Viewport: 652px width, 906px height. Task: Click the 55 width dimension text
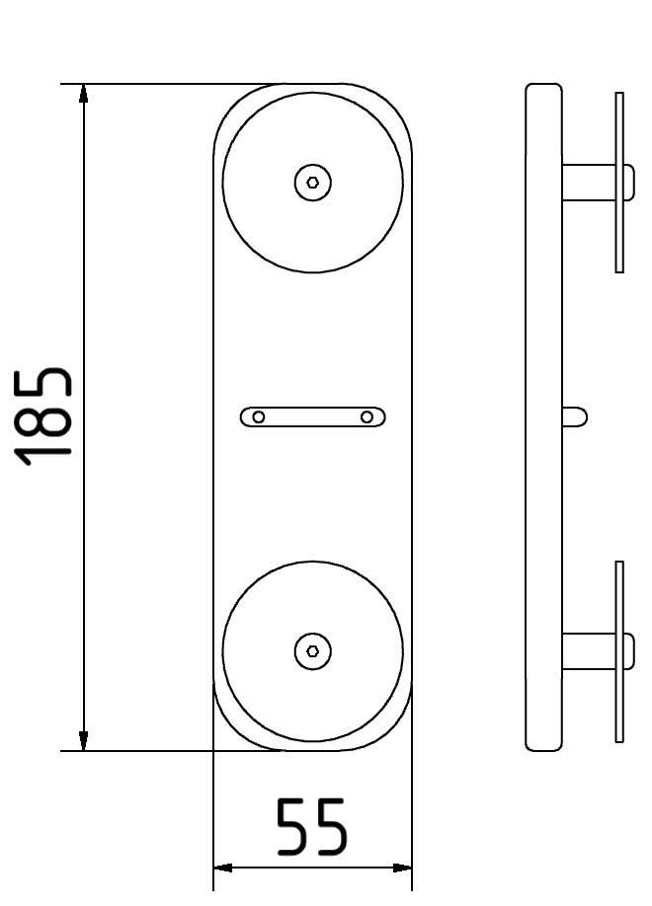pyautogui.click(x=312, y=827)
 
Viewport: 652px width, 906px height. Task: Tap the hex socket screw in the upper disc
pyautogui.click(x=313, y=183)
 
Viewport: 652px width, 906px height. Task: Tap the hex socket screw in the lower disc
pyautogui.click(x=313, y=650)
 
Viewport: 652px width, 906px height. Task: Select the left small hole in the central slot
pyautogui.click(x=259, y=417)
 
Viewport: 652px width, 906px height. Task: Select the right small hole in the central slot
pyautogui.click(x=367, y=417)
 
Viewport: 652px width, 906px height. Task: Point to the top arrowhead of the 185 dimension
pyautogui.click(x=84, y=94)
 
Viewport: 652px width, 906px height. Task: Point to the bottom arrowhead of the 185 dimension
pyautogui.click(x=84, y=740)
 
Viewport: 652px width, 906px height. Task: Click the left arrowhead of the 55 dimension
pyautogui.click(x=223, y=868)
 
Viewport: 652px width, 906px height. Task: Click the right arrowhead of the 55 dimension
pyautogui.click(x=401, y=868)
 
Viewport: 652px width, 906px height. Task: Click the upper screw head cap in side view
pyautogui.click(x=629, y=183)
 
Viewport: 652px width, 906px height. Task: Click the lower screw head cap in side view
pyautogui.click(x=629, y=650)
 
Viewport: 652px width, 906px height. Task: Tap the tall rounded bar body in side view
pyautogui.click(x=543, y=416)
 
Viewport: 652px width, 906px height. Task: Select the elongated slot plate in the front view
pyautogui.click(x=312, y=417)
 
